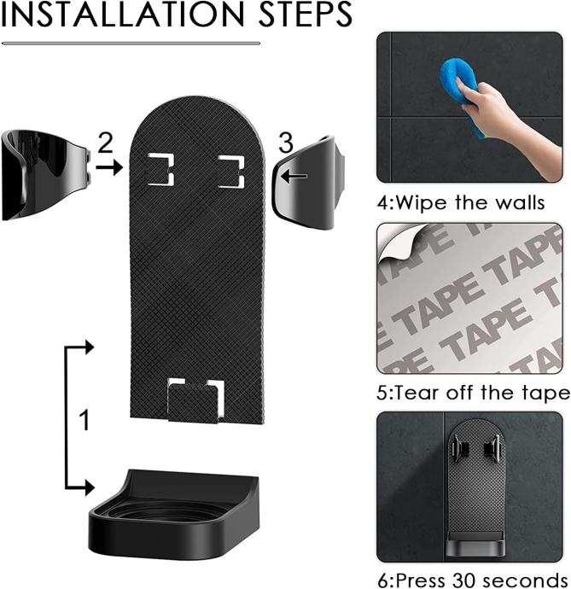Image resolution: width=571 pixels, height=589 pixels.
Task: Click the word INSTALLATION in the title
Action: (123, 15)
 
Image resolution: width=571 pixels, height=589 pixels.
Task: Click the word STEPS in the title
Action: (306, 15)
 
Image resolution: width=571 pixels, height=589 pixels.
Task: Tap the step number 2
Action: (105, 143)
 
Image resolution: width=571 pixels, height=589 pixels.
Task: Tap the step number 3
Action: (286, 143)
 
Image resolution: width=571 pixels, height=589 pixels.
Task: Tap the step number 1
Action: (85, 420)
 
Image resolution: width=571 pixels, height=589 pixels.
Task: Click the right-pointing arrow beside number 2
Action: (109, 167)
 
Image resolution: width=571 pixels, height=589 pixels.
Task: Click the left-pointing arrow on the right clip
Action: (294, 176)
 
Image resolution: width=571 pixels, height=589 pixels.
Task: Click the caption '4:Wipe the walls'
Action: (461, 203)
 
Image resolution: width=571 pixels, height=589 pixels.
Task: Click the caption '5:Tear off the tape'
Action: (474, 393)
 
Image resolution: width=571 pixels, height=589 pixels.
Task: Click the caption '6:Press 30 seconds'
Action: (473, 580)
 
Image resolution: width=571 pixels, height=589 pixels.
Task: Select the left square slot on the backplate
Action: (161, 169)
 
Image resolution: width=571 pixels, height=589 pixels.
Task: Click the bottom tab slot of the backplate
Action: (196, 399)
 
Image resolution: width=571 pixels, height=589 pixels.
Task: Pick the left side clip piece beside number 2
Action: (46, 175)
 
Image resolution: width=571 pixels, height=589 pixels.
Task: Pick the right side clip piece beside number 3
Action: (309, 183)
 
